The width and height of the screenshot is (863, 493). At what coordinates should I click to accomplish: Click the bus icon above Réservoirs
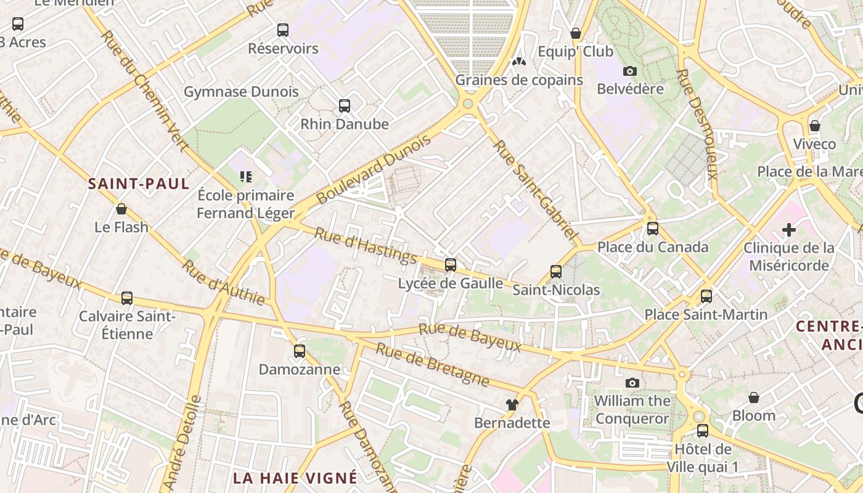pyautogui.click(x=283, y=30)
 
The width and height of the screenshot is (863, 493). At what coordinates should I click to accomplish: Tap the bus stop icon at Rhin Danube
pyautogui.click(x=345, y=106)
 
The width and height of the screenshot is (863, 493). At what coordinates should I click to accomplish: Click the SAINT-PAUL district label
pyautogui.click(x=139, y=184)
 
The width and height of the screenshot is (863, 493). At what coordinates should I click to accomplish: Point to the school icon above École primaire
pyautogui.click(x=246, y=177)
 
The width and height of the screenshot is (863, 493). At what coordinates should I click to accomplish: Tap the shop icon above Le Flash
pyautogui.click(x=121, y=209)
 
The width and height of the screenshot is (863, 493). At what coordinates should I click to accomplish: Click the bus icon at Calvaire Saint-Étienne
pyautogui.click(x=127, y=298)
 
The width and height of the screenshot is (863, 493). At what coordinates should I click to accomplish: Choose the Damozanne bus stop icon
pyautogui.click(x=300, y=351)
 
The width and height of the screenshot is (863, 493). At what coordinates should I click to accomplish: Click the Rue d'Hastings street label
pyautogui.click(x=366, y=245)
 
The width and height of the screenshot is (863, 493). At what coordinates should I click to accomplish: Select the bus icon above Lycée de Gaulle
pyautogui.click(x=451, y=265)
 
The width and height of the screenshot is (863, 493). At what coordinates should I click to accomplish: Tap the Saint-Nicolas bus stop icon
pyautogui.click(x=556, y=272)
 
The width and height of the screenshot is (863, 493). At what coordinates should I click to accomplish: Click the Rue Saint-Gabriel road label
pyautogui.click(x=536, y=190)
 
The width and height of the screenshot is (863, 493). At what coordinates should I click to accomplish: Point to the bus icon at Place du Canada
pyautogui.click(x=653, y=229)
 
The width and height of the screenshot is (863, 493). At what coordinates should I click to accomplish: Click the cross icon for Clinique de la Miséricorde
pyautogui.click(x=788, y=230)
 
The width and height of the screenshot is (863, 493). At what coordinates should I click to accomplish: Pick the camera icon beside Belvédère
pyautogui.click(x=630, y=71)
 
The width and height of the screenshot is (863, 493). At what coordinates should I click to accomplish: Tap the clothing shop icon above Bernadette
pyautogui.click(x=512, y=405)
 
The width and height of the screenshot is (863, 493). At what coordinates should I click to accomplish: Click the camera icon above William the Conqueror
pyautogui.click(x=632, y=383)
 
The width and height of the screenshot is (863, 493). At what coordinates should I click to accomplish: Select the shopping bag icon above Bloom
pyautogui.click(x=753, y=397)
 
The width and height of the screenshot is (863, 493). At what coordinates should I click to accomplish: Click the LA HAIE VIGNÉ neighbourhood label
pyautogui.click(x=295, y=478)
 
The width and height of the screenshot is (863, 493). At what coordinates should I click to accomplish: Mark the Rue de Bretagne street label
pyautogui.click(x=433, y=365)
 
